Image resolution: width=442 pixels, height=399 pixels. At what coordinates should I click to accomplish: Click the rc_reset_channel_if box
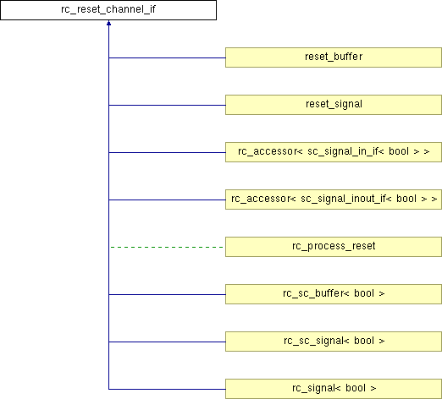tap(108, 10)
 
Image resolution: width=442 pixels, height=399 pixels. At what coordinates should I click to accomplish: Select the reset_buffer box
tap(334, 57)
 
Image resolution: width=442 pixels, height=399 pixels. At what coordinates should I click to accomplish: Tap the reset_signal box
tap(334, 105)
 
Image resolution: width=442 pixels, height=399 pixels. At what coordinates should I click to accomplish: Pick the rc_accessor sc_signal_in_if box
tap(334, 152)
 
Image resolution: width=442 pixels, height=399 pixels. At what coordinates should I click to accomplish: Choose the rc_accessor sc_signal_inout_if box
tap(334, 199)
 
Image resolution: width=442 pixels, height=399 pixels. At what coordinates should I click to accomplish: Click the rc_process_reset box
tap(334, 247)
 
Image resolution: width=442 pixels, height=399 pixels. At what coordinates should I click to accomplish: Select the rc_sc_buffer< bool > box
tap(334, 294)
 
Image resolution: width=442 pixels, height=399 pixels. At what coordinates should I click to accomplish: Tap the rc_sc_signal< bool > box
tap(334, 342)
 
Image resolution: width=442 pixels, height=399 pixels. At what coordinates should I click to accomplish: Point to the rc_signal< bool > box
tap(334, 389)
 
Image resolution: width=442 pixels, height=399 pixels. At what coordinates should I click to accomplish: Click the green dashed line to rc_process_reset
tap(167, 247)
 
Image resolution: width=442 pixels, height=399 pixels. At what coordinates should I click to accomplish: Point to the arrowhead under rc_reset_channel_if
tap(108, 23)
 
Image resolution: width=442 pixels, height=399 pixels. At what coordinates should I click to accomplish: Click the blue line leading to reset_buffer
tap(167, 57)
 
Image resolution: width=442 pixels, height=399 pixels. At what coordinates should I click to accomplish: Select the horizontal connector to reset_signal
tap(167, 105)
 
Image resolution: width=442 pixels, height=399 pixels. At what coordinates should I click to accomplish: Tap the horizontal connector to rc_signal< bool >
tap(167, 389)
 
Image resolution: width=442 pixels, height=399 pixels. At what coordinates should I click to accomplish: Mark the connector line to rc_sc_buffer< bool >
tap(167, 294)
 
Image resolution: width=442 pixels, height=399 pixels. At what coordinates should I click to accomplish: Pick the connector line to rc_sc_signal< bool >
tap(167, 342)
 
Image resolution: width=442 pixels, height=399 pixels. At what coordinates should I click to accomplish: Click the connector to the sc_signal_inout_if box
tap(167, 199)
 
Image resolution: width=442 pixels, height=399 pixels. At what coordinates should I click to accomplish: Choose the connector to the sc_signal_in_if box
tap(167, 152)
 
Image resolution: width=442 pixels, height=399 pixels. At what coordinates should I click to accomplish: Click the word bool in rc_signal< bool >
tap(356, 388)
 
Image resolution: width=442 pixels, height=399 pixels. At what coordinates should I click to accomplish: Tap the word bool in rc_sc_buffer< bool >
tap(364, 293)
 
